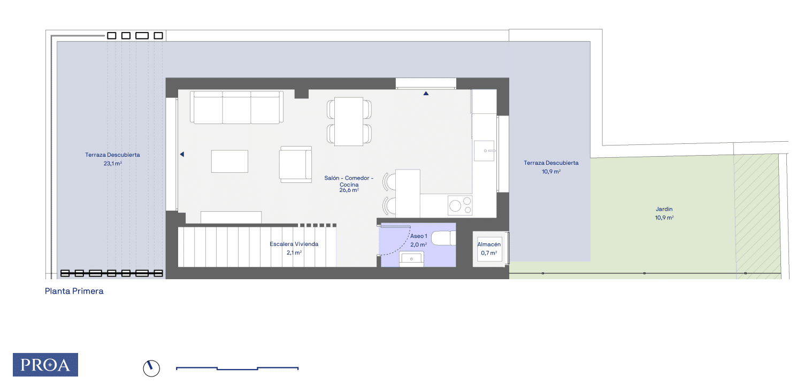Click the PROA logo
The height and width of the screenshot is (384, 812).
click(45, 364)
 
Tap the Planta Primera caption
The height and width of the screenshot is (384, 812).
click(74, 291)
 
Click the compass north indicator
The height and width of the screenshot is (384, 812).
click(151, 368)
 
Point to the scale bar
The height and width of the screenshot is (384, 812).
click(237, 368)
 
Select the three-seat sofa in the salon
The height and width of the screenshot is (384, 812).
click(237, 107)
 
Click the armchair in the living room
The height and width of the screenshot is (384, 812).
click(295, 164)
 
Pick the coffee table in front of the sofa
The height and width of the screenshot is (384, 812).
click(230, 162)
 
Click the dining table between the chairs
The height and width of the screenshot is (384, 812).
click(349, 121)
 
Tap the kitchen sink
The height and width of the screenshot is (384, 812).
click(484, 151)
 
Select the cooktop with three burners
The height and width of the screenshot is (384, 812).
click(460, 205)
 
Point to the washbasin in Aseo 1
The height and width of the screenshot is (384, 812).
click(411, 259)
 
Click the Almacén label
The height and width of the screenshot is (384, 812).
click(489, 244)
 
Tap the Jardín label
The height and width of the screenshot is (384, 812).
click(664, 209)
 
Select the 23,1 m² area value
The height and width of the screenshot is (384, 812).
click(113, 164)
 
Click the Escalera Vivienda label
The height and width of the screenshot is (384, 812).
click(294, 244)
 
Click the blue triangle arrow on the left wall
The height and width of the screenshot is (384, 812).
click(182, 155)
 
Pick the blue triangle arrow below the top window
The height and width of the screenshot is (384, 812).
click(426, 93)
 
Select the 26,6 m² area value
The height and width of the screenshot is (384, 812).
click(349, 190)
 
